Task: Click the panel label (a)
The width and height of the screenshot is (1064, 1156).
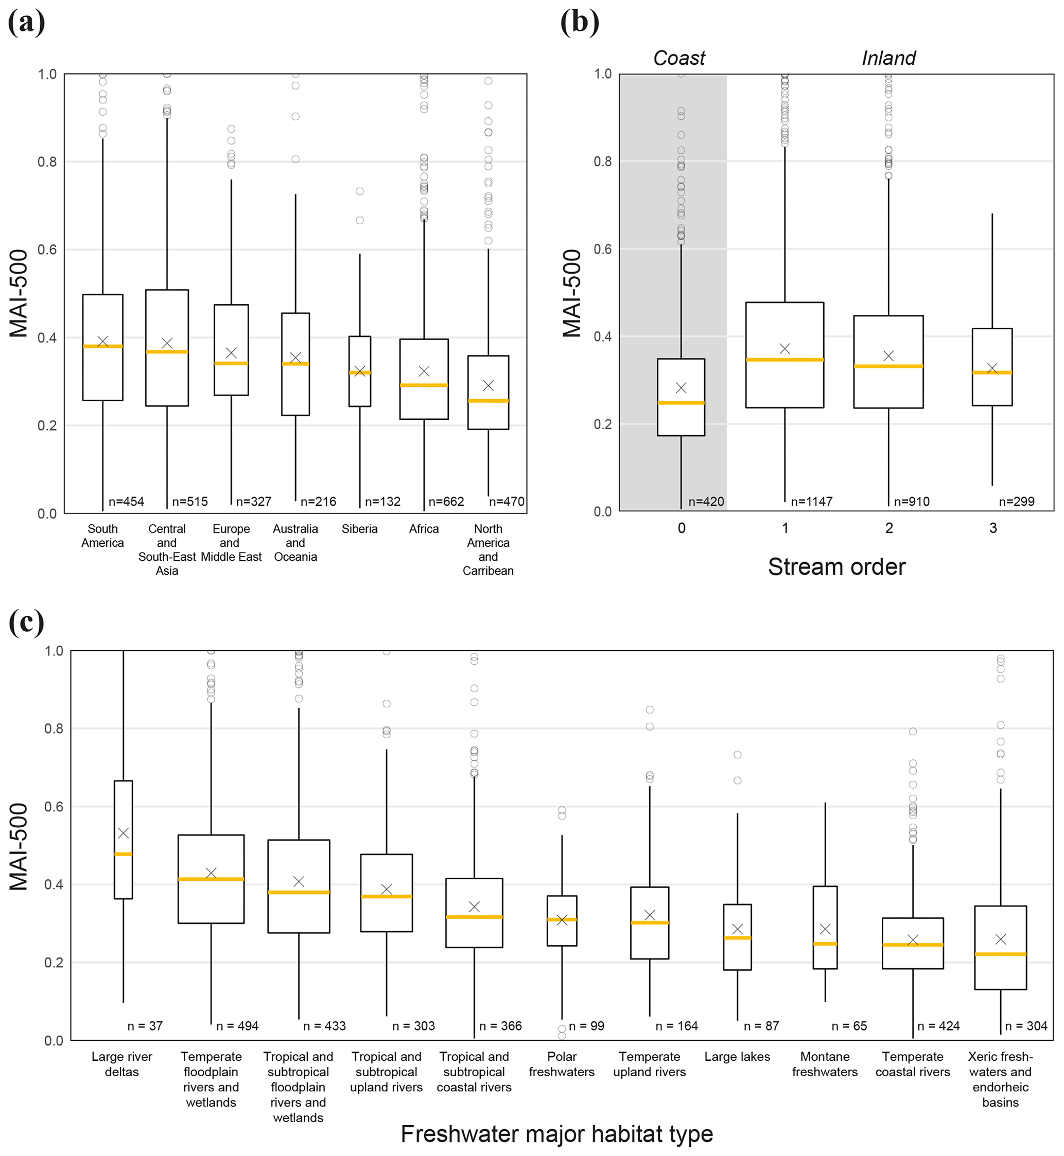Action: coord(26,23)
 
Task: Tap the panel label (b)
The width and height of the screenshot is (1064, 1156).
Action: coord(579,23)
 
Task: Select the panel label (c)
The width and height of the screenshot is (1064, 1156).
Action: coord(26,622)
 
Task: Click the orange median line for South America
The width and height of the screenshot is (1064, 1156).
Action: coord(102,346)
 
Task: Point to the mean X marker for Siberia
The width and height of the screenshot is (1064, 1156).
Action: coord(360,371)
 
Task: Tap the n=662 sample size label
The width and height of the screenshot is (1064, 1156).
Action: coord(446,502)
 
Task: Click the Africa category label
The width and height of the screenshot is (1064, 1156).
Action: coord(424,529)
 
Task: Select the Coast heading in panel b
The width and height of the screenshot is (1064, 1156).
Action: coord(679,58)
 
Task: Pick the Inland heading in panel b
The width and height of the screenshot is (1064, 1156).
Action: coord(888,58)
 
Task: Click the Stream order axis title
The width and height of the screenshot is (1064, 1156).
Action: coord(836,567)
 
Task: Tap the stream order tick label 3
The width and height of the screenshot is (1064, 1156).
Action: coord(993,528)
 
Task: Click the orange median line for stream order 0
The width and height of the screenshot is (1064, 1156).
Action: coord(681,403)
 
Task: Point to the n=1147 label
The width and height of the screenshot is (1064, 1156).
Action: coord(812,502)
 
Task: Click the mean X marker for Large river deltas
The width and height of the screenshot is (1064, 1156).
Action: coord(123,833)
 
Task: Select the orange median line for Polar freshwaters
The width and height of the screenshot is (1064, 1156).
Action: coord(562,919)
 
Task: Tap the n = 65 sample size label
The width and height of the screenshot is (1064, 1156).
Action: coord(849,1026)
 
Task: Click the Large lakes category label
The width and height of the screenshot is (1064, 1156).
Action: coord(737,1057)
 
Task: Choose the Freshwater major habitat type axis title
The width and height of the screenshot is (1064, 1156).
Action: coord(557,1134)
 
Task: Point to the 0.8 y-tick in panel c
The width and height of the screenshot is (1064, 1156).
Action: coord(54,728)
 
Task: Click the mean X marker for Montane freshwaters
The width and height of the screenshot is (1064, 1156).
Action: coord(825,929)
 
